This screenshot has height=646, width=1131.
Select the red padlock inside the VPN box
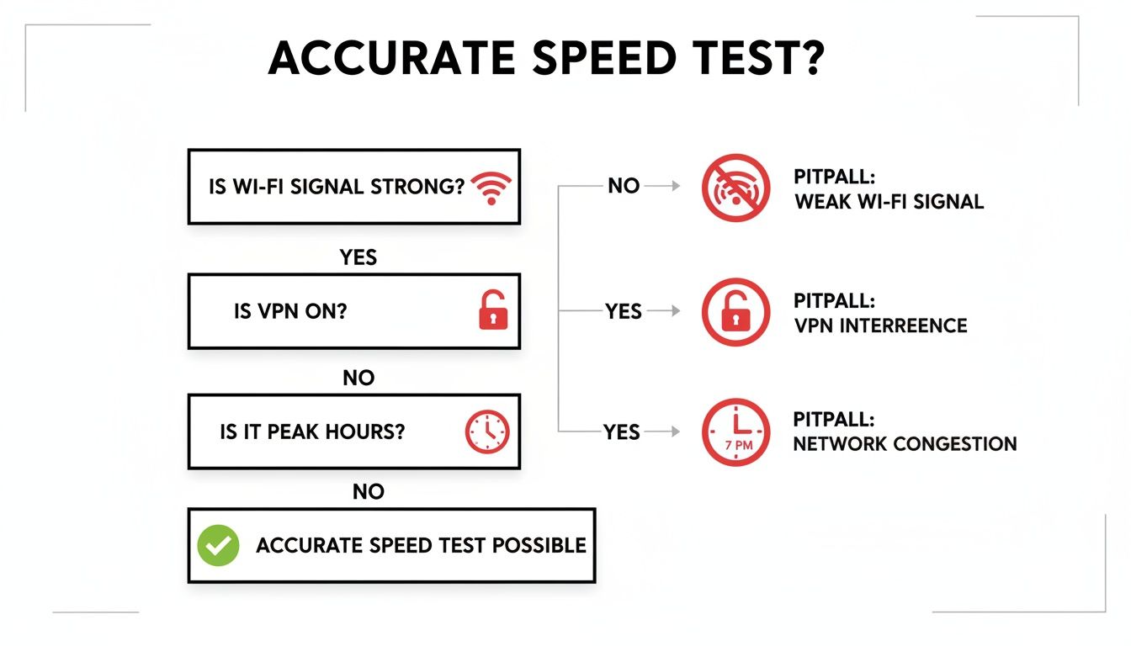pyautogui.click(x=492, y=310)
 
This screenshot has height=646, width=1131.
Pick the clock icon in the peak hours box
pyautogui.click(x=487, y=432)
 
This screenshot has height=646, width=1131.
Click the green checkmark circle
pyautogui.click(x=218, y=545)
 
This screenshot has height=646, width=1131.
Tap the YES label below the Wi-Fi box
pyautogui.click(x=358, y=257)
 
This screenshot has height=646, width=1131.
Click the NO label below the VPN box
pyautogui.click(x=358, y=379)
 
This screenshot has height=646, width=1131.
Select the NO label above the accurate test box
pyautogui.click(x=368, y=492)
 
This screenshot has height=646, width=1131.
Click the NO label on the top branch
pyautogui.click(x=624, y=186)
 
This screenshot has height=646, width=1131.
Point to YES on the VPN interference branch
pyautogui.click(x=623, y=311)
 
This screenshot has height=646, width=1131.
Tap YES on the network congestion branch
pyautogui.click(x=621, y=432)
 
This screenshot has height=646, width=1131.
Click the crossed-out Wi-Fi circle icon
pyautogui.click(x=735, y=188)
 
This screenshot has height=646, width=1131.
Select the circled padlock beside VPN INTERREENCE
pyautogui.click(x=735, y=312)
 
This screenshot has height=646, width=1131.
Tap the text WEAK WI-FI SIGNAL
pyautogui.click(x=889, y=202)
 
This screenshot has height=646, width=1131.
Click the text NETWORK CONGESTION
pyautogui.click(x=905, y=443)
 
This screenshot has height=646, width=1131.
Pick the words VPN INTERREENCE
pyautogui.click(x=880, y=326)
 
